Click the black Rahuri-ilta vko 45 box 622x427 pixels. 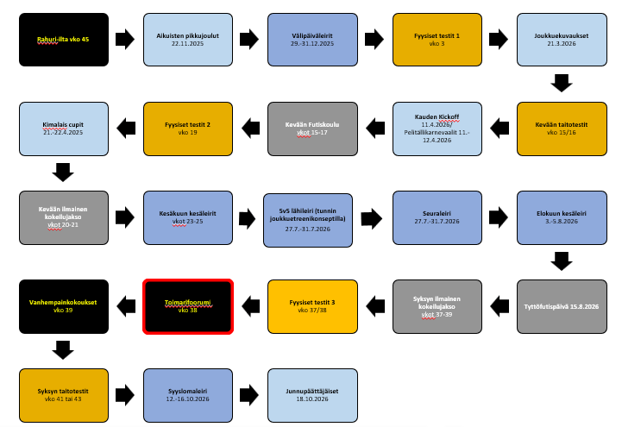[x=63, y=40]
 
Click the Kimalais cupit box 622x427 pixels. [x=63, y=128]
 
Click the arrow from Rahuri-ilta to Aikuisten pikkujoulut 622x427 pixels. [x=124, y=40]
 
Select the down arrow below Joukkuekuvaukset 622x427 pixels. [x=561, y=83]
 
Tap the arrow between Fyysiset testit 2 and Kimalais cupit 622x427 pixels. [x=124, y=128]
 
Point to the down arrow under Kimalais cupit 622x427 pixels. [x=63, y=172]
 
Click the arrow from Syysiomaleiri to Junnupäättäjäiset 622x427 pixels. [x=248, y=392]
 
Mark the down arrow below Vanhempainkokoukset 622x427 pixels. [x=63, y=348]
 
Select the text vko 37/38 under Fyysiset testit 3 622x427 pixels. [x=311, y=309]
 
